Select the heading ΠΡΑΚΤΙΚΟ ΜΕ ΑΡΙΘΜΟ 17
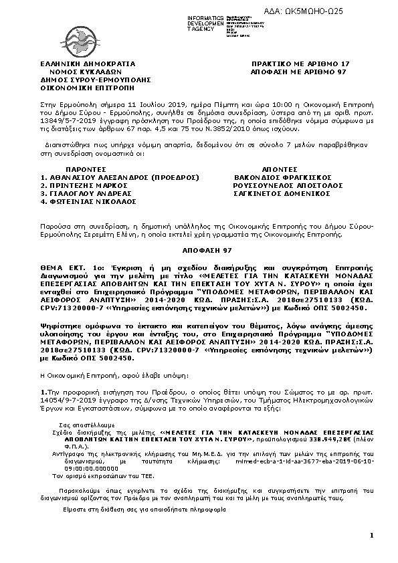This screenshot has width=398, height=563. click(300, 64)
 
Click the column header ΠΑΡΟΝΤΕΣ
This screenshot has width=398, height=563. click(86, 170)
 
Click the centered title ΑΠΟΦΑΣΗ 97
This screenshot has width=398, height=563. click(199, 249)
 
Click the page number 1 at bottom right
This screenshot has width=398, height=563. click(371, 535)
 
